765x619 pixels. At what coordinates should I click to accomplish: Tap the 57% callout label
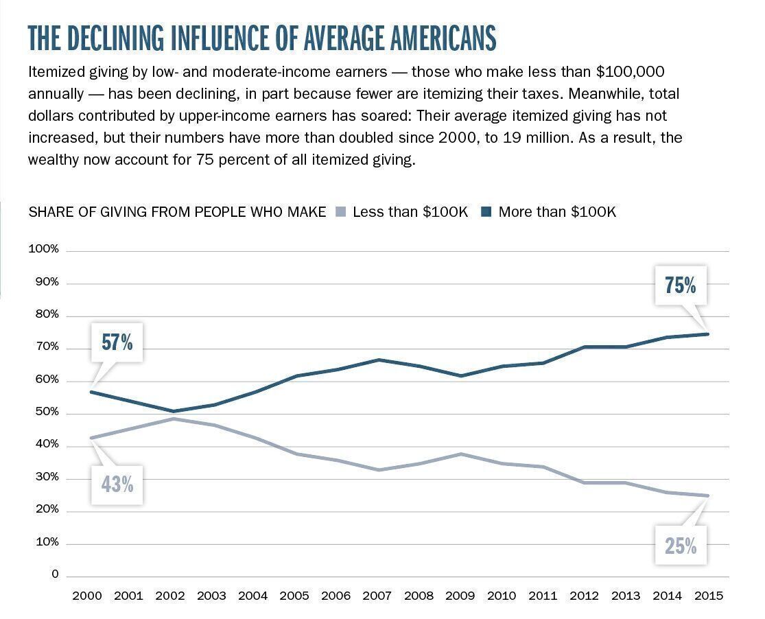click(x=117, y=342)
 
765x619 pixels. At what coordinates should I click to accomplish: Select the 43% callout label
click(x=117, y=484)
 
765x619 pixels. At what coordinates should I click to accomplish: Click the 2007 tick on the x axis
click(x=377, y=596)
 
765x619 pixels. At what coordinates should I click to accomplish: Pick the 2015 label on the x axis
click(x=709, y=596)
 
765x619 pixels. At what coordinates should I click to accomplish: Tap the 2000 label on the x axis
click(x=86, y=596)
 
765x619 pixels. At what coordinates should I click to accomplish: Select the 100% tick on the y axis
click(x=44, y=249)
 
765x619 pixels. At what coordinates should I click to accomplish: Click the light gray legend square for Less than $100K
click(x=340, y=212)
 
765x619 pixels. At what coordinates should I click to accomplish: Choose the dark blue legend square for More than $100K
click(x=486, y=212)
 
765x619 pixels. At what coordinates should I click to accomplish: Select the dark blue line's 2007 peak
click(x=377, y=360)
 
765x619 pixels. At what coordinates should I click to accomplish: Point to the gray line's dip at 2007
click(x=377, y=470)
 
